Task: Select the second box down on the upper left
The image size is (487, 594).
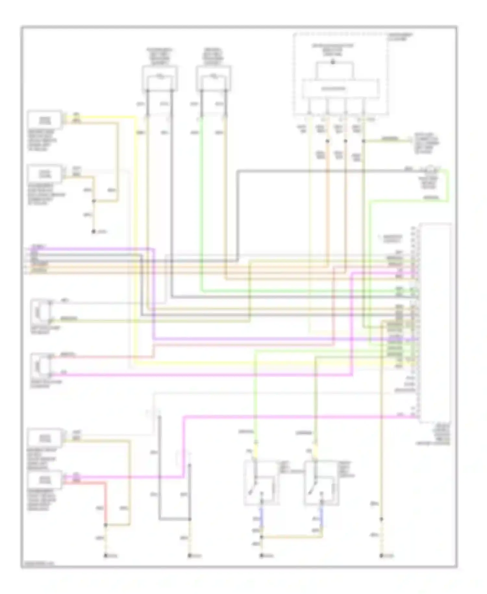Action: click(x=45, y=174)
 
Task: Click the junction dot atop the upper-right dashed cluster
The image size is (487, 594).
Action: click(x=332, y=62)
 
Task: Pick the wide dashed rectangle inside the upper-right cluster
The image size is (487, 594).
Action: click(x=341, y=88)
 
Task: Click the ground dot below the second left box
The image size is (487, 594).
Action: click(x=94, y=231)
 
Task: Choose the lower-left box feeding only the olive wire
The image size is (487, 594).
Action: click(x=45, y=438)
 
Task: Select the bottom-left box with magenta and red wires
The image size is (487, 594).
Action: click(x=45, y=480)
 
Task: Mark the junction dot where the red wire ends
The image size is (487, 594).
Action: click(x=106, y=525)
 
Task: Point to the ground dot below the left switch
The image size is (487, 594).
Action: click(x=261, y=556)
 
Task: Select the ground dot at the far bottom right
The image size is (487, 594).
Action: click(x=381, y=556)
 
